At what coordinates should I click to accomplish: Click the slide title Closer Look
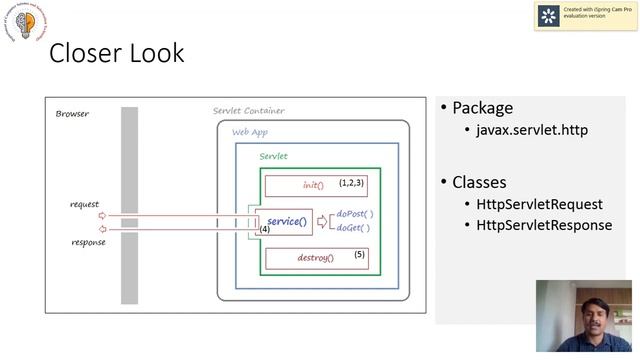pyautogui.click(x=117, y=53)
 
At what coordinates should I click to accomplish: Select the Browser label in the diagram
pyautogui.click(x=72, y=114)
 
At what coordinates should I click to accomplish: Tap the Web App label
pyautogui.click(x=249, y=132)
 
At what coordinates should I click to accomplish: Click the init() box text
pyautogui.click(x=313, y=185)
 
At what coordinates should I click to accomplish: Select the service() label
pyautogui.click(x=287, y=221)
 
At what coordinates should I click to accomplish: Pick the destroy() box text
pyautogui.click(x=315, y=258)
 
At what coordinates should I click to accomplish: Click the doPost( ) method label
pyautogui.click(x=354, y=213)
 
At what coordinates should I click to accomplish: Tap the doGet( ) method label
pyautogui.click(x=353, y=228)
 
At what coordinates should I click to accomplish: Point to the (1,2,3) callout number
pyautogui.click(x=351, y=183)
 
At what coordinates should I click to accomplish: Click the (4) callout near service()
pyautogui.click(x=264, y=230)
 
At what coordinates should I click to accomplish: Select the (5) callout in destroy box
pyautogui.click(x=360, y=255)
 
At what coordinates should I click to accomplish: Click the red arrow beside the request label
pyautogui.click(x=102, y=215)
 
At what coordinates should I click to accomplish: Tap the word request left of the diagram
pyautogui.click(x=84, y=204)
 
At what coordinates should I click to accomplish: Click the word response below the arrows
pyautogui.click(x=88, y=242)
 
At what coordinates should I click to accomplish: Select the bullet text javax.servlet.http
pyautogui.click(x=532, y=130)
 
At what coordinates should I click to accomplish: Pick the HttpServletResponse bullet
pyautogui.click(x=537, y=225)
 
